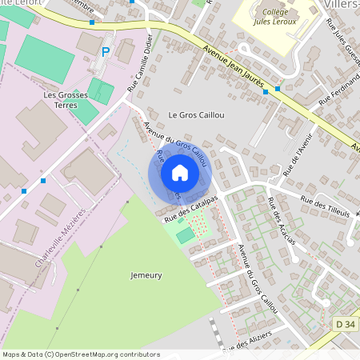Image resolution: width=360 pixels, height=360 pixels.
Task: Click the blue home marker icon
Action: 180,173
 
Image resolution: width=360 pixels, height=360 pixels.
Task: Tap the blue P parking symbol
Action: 106,52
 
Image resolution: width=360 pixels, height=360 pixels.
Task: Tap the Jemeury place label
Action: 146,275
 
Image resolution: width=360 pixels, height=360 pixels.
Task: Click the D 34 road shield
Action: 345,324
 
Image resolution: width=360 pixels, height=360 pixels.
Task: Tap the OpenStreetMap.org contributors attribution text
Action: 103,354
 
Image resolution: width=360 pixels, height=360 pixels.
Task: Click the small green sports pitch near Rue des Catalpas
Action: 185,235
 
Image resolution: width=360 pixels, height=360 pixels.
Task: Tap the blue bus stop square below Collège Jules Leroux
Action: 278,89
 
